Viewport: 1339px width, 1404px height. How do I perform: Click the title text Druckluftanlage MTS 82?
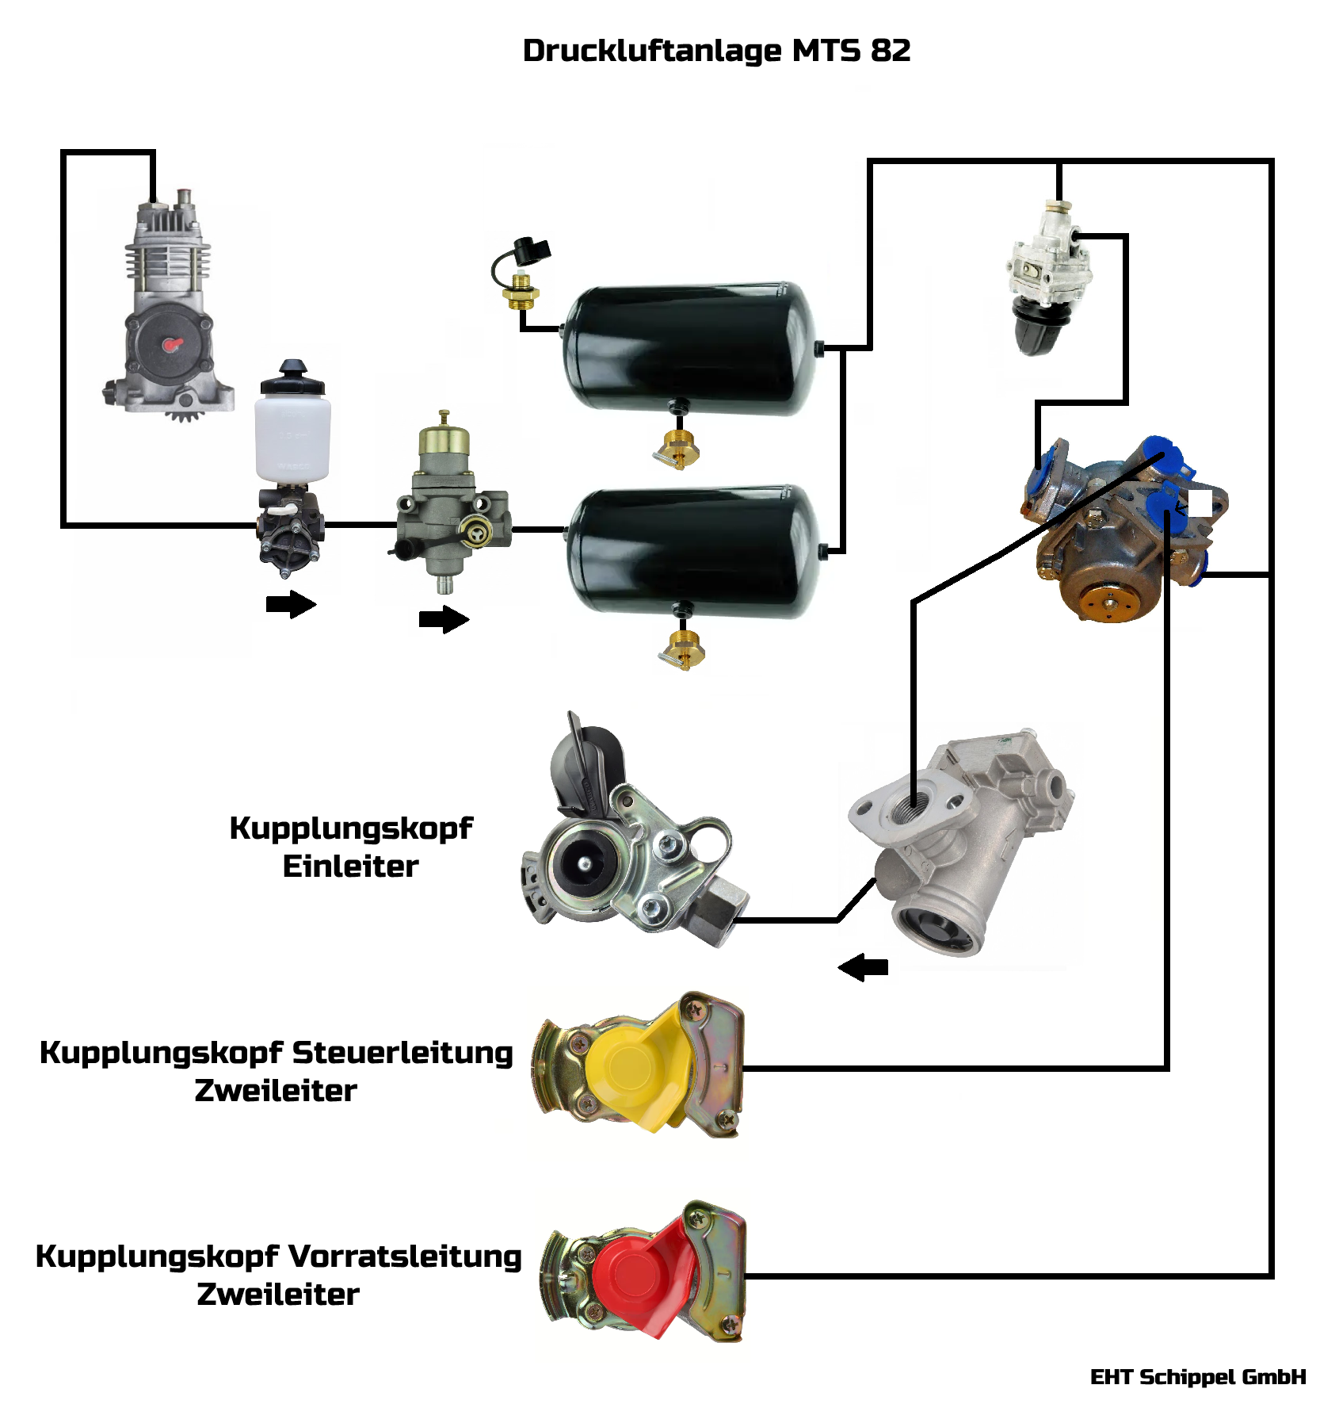pyautogui.click(x=716, y=51)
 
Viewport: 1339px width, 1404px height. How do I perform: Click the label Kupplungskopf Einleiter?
pyautogui.click(x=350, y=847)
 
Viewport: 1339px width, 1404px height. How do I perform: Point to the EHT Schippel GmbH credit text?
pyautogui.click(x=1197, y=1377)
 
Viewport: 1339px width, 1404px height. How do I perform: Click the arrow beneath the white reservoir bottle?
pyautogui.click(x=291, y=604)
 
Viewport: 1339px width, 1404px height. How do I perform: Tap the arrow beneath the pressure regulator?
pyautogui.click(x=444, y=619)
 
